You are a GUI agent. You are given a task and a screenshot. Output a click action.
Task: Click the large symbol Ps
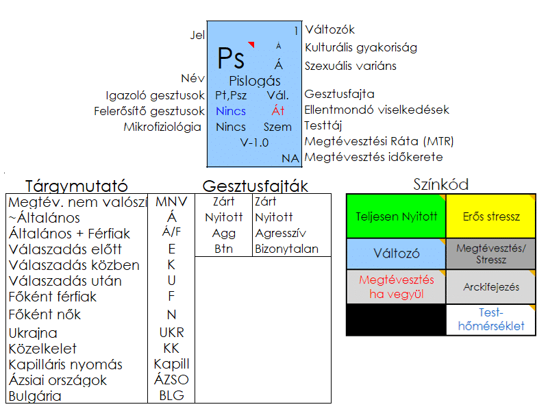231,58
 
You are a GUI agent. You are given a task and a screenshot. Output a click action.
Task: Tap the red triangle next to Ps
251,44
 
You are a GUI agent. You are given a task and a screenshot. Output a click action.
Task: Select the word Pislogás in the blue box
255,82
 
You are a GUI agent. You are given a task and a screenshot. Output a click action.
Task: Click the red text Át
278,110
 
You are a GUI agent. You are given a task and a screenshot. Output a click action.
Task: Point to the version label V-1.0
254,142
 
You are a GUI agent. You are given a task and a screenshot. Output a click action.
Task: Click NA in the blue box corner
290,158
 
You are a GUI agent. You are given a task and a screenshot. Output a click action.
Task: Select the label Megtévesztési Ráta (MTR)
379,141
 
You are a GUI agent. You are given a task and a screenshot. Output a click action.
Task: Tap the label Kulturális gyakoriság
361,47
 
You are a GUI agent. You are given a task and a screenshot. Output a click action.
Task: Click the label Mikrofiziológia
162,127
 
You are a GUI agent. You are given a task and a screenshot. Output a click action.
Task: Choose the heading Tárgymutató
77,186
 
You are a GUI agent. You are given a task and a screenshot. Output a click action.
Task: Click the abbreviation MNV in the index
171,201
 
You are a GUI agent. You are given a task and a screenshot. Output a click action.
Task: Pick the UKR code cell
172,332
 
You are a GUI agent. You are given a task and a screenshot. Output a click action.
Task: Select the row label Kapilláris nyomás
66,364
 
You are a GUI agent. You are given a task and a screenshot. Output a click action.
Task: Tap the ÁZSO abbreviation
172,380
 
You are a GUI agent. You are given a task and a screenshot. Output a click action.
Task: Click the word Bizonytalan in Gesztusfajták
286,249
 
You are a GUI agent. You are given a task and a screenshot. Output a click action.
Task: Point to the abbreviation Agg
224,234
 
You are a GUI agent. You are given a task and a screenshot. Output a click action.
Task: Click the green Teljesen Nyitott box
397,216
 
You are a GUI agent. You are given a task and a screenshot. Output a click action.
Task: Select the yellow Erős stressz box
491,216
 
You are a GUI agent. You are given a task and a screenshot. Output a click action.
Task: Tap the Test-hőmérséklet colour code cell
491,319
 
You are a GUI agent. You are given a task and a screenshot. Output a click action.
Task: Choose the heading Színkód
441,184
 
